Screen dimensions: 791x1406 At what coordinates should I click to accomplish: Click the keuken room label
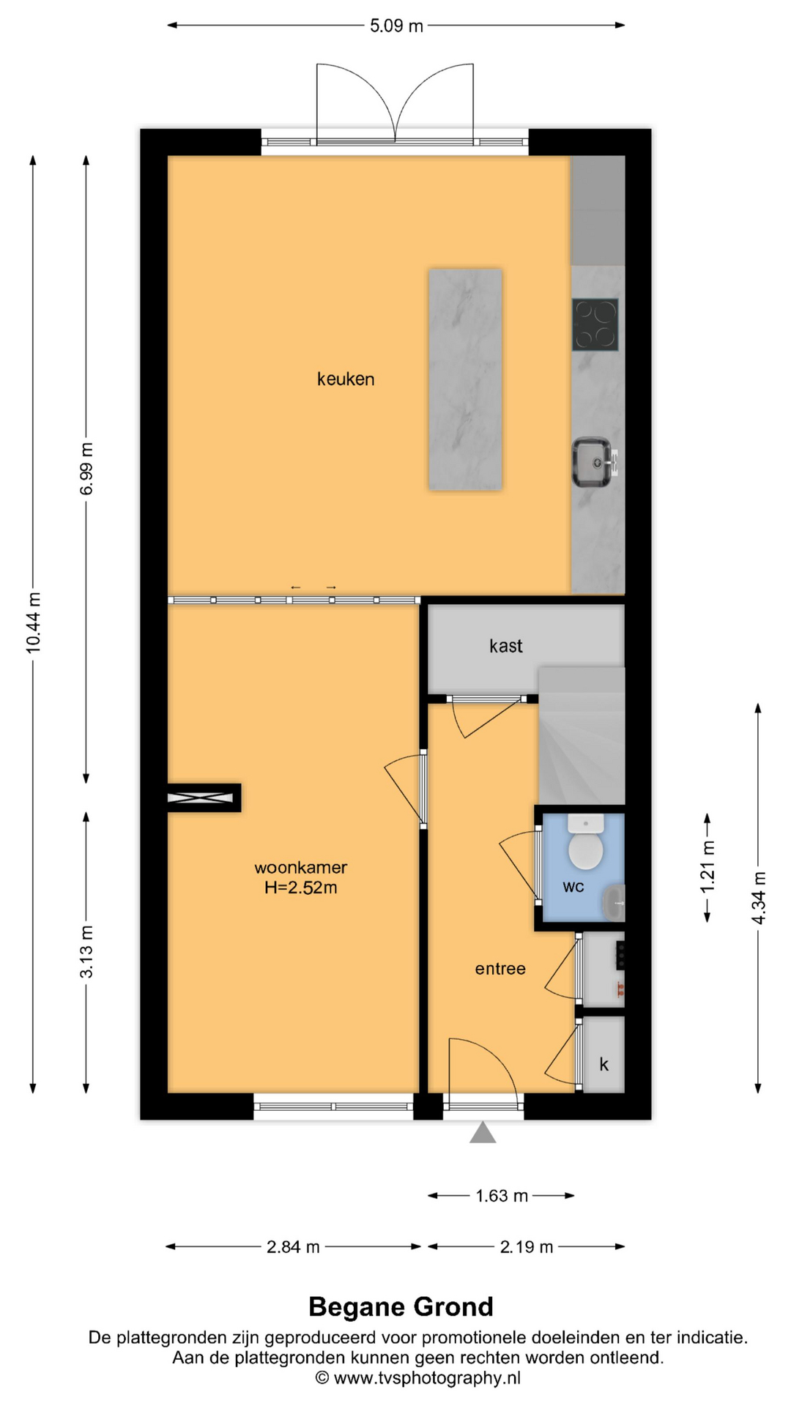346,379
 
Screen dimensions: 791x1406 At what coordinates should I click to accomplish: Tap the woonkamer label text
300,867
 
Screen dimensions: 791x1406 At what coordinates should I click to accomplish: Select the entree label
500,969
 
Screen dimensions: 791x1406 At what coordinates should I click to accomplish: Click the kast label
506,646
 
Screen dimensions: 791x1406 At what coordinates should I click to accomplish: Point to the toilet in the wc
586,841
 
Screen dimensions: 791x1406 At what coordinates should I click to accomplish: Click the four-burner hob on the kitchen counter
595,324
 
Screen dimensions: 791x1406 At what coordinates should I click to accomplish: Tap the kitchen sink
593,462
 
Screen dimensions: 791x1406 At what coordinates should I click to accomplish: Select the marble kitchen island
465,379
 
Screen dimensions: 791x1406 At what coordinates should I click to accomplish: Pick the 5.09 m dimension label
396,26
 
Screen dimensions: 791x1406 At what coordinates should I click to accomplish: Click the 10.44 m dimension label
33,623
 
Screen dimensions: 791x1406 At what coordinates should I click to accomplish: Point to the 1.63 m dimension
502,1196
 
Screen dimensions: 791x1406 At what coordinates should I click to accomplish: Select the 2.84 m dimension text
293,1246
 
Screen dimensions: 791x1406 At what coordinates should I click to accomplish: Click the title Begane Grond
401,1306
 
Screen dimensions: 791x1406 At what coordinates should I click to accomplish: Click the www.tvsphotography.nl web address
427,1378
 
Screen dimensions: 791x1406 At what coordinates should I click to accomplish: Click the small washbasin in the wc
614,902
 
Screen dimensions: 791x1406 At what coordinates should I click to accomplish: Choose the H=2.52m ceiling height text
300,888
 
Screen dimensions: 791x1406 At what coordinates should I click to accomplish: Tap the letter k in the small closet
604,1064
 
